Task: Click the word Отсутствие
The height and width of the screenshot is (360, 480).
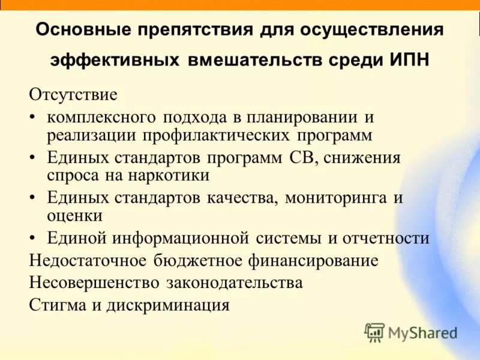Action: point(73,95)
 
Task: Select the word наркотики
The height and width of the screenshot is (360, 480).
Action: point(175,175)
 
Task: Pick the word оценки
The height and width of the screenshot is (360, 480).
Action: point(74,215)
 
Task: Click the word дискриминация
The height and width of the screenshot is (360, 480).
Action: point(168,304)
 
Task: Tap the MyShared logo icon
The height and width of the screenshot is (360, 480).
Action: point(374,332)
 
